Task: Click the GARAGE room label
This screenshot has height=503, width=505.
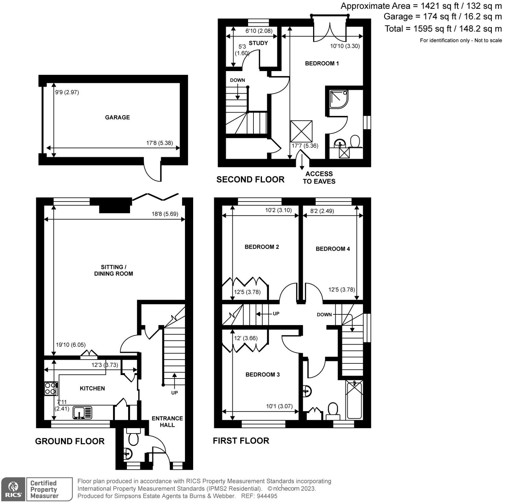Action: tap(117, 117)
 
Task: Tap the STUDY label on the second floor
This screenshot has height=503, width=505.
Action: tap(258, 43)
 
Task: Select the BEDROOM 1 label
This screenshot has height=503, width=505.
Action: tap(322, 64)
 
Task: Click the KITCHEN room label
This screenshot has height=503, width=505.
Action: tap(92, 388)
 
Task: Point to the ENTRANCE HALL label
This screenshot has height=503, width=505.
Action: tap(167, 421)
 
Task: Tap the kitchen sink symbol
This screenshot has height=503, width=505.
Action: tap(82, 413)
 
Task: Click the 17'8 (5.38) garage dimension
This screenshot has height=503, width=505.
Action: tap(159, 143)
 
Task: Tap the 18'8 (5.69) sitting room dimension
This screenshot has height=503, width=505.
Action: tap(165, 214)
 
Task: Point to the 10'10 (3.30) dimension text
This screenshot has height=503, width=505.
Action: tap(345, 46)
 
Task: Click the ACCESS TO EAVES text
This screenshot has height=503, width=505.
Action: tap(319, 178)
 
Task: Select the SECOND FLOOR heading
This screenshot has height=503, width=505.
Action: tap(250, 179)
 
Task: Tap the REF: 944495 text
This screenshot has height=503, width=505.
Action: tap(259, 496)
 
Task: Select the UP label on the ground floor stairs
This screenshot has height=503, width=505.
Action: tap(174, 393)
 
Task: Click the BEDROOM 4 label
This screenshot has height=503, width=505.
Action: tap(333, 249)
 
